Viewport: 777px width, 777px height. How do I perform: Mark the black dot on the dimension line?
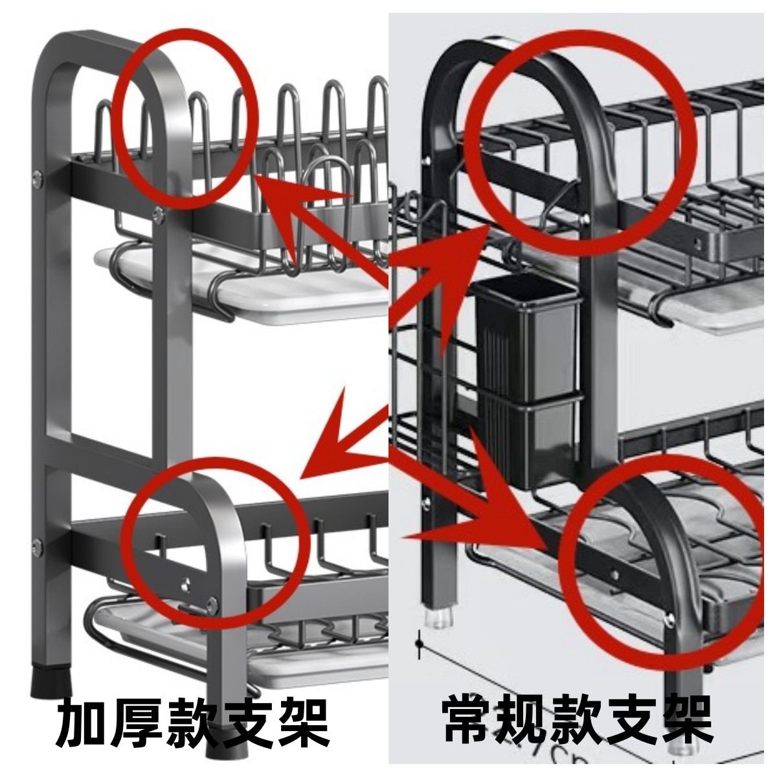click(420, 645)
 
